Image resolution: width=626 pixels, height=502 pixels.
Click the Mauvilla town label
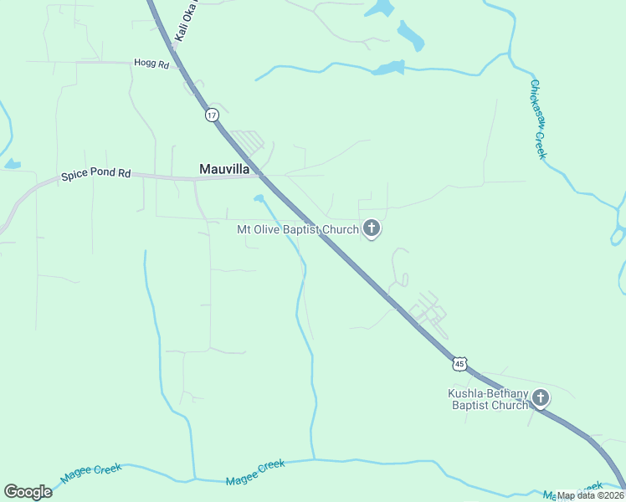224,169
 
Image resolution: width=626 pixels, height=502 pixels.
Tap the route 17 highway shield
213,115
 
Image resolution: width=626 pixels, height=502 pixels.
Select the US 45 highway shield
459,363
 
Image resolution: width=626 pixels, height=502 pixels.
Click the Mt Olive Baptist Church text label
298,228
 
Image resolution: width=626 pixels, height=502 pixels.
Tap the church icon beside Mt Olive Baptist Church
372,228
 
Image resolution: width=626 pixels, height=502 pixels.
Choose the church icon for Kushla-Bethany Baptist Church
541,398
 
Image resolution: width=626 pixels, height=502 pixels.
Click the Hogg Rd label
151,63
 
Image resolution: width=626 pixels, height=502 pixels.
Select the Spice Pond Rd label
96,175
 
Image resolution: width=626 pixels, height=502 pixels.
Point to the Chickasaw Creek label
538,118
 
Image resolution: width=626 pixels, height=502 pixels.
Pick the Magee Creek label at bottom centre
255,473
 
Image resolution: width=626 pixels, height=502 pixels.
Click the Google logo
28,492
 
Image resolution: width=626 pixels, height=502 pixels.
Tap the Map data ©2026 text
590,495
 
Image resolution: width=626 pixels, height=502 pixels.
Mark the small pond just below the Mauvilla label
259,198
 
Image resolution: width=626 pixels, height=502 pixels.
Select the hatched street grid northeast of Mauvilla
249,141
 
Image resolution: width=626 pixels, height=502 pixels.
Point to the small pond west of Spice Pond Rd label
11,164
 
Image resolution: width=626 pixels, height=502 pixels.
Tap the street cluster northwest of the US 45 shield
428,311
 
